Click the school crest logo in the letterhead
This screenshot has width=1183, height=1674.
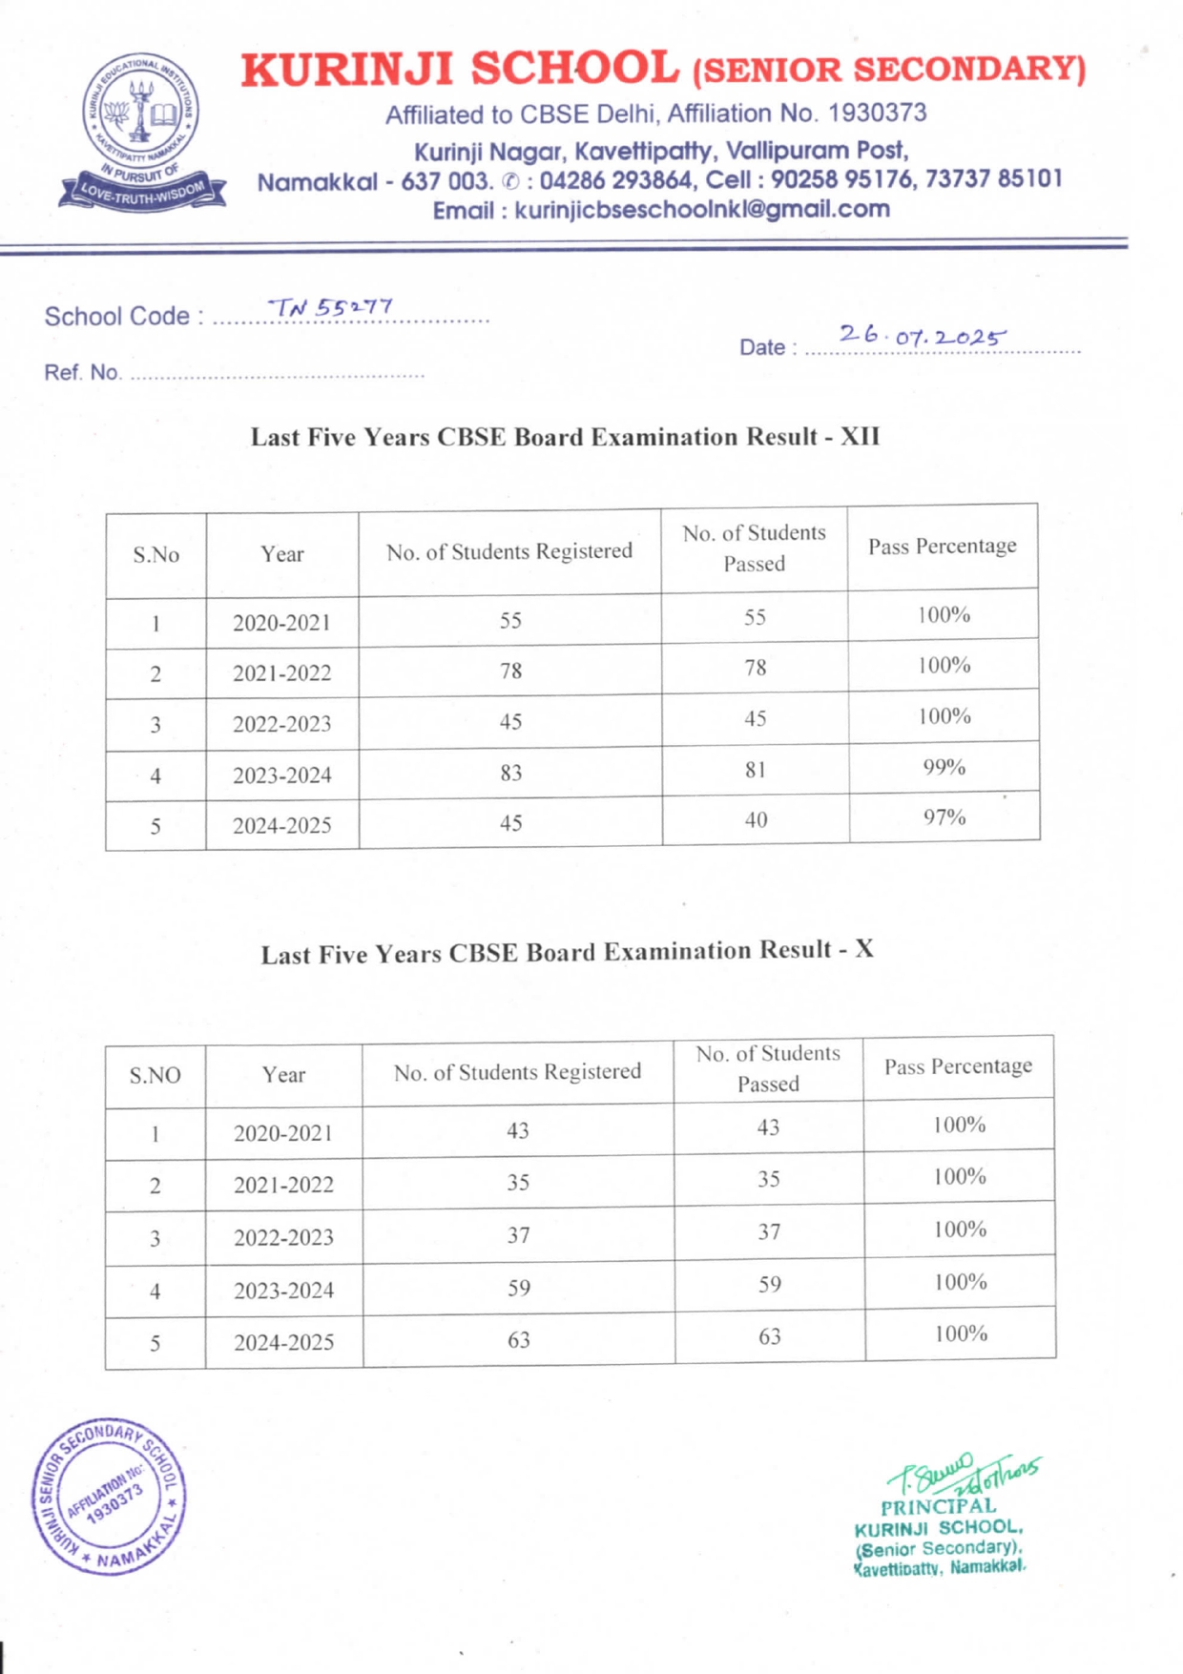[142, 133]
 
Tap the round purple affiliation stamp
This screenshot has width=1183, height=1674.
[109, 1495]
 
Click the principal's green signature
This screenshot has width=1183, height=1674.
[964, 1475]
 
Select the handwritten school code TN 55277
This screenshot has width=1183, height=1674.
[330, 307]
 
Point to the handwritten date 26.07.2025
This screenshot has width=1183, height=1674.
[922, 336]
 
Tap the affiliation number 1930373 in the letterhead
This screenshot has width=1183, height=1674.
[877, 114]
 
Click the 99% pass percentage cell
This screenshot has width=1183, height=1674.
[944, 767]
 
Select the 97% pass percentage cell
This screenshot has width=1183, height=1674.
[944, 817]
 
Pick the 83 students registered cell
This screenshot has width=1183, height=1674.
[510, 773]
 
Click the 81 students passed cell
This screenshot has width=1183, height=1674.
[755, 769]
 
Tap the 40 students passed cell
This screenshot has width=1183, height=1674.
[755, 819]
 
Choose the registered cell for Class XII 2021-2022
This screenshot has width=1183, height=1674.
[510, 671]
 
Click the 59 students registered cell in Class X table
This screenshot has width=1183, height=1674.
[518, 1288]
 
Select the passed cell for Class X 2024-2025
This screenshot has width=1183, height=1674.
[769, 1336]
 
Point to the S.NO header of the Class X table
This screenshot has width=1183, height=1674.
[155, 1075]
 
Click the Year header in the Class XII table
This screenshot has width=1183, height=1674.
[282, 554]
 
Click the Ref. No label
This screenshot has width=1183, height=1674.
[82, 372]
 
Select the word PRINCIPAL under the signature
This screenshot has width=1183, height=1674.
[938, 1507]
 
